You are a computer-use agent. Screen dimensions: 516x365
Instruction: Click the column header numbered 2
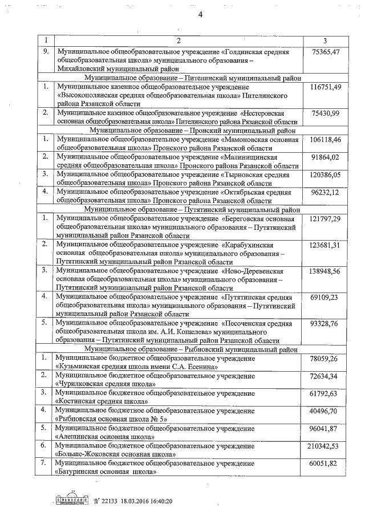[178, 40]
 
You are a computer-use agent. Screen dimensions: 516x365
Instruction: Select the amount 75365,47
[326, 51]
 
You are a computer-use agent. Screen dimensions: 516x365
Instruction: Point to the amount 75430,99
[326, 113]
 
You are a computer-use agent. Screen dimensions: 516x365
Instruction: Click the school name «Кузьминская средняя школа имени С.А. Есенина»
[137, 367]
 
